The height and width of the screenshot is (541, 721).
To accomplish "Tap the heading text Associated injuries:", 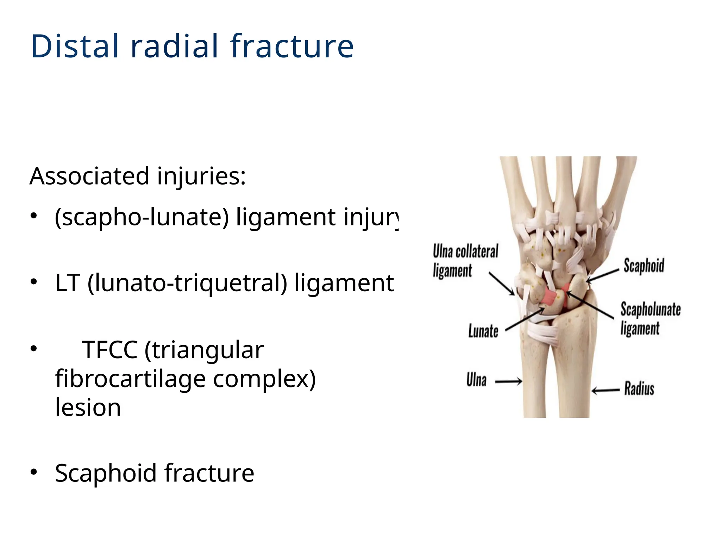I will (138, 176).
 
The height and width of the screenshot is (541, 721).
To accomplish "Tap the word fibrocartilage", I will (130, 379).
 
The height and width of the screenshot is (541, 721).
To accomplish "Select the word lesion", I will (88, 408).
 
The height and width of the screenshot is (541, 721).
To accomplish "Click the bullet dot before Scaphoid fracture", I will (33, 472).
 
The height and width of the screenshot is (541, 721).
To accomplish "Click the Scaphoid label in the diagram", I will (644, 266).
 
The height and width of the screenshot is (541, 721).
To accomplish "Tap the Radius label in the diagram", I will (639, 389).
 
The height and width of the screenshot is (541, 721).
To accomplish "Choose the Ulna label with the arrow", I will (476, 380).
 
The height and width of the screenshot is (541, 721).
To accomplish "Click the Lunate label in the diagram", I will (483, 331).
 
